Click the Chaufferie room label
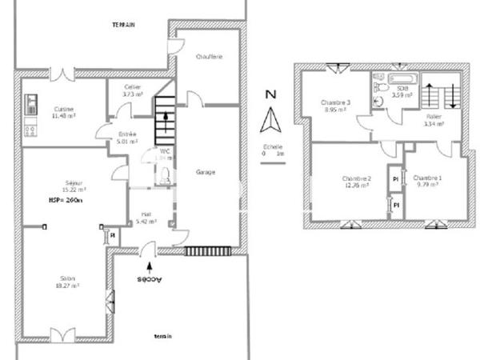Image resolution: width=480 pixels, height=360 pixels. point(209,57)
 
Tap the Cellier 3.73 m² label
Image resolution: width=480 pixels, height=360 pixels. point(133,90)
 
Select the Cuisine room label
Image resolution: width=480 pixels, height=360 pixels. point(65,112)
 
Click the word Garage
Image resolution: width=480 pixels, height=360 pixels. point(206,172)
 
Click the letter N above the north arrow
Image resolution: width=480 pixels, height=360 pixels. point(270,94)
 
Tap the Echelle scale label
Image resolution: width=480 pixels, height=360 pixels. point(272,148)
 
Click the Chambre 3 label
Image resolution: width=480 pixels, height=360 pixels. point(335,106)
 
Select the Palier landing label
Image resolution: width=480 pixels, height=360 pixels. point(434,121)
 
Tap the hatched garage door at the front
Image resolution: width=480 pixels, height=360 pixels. point(207,251)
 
